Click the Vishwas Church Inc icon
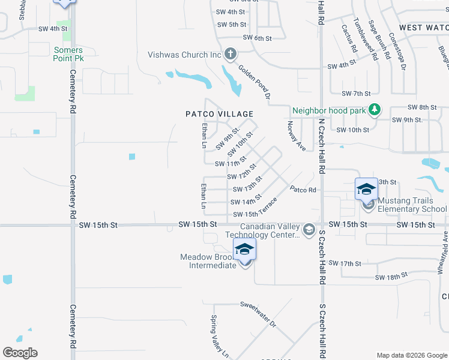point(229,55)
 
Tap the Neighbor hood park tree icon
point(375,110)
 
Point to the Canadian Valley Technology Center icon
point(309,230)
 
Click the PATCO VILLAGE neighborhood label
point(219,114)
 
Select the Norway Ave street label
point(297,135)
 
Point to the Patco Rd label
point(303,190)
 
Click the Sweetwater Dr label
point(258,314)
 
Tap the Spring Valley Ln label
point(219,336)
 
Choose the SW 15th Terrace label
point(255,209)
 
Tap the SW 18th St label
point(391,277)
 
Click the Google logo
point(20,353)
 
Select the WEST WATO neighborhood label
point(423,28)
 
